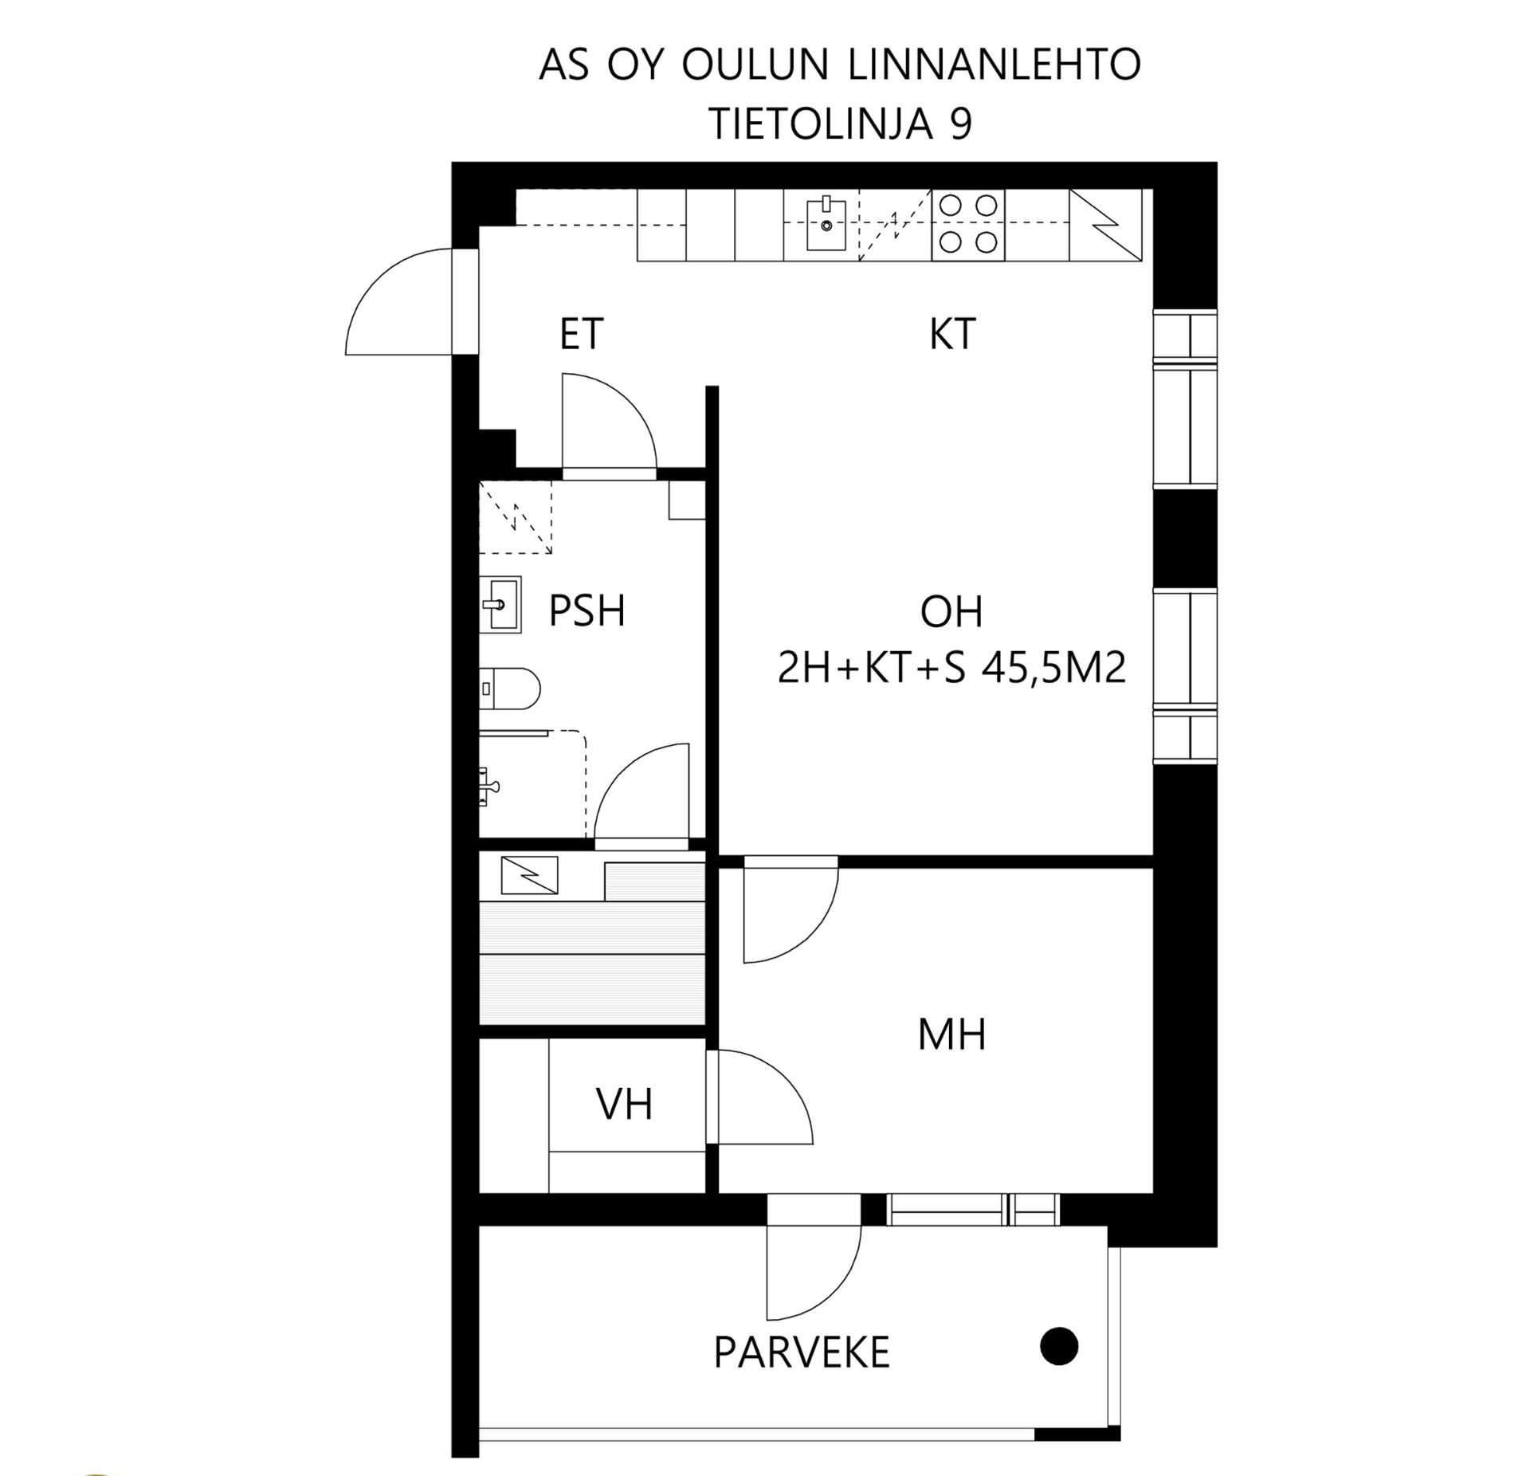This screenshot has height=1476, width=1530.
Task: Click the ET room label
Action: click(582, 334)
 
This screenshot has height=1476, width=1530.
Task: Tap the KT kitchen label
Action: click(952, 334)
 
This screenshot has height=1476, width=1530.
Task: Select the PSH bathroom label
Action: click(587, 611)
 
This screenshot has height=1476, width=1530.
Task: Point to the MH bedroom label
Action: click(952, 1034)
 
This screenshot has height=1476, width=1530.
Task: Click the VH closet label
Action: click(625, 1105)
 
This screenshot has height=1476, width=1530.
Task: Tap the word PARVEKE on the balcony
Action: click(802, 1352)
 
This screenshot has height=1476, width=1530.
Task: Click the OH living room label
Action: click(951, 612)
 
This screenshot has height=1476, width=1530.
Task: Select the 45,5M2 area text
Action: click(1055, 668)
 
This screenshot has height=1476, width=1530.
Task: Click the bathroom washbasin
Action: click(500, 605)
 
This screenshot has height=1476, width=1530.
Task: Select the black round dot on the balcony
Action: click(1060, 1346)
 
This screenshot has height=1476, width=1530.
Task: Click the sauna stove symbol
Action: click(529, 875)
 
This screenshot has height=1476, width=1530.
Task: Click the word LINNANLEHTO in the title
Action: click(995, 65)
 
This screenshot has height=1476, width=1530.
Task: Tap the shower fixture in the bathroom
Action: click(488, 787)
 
